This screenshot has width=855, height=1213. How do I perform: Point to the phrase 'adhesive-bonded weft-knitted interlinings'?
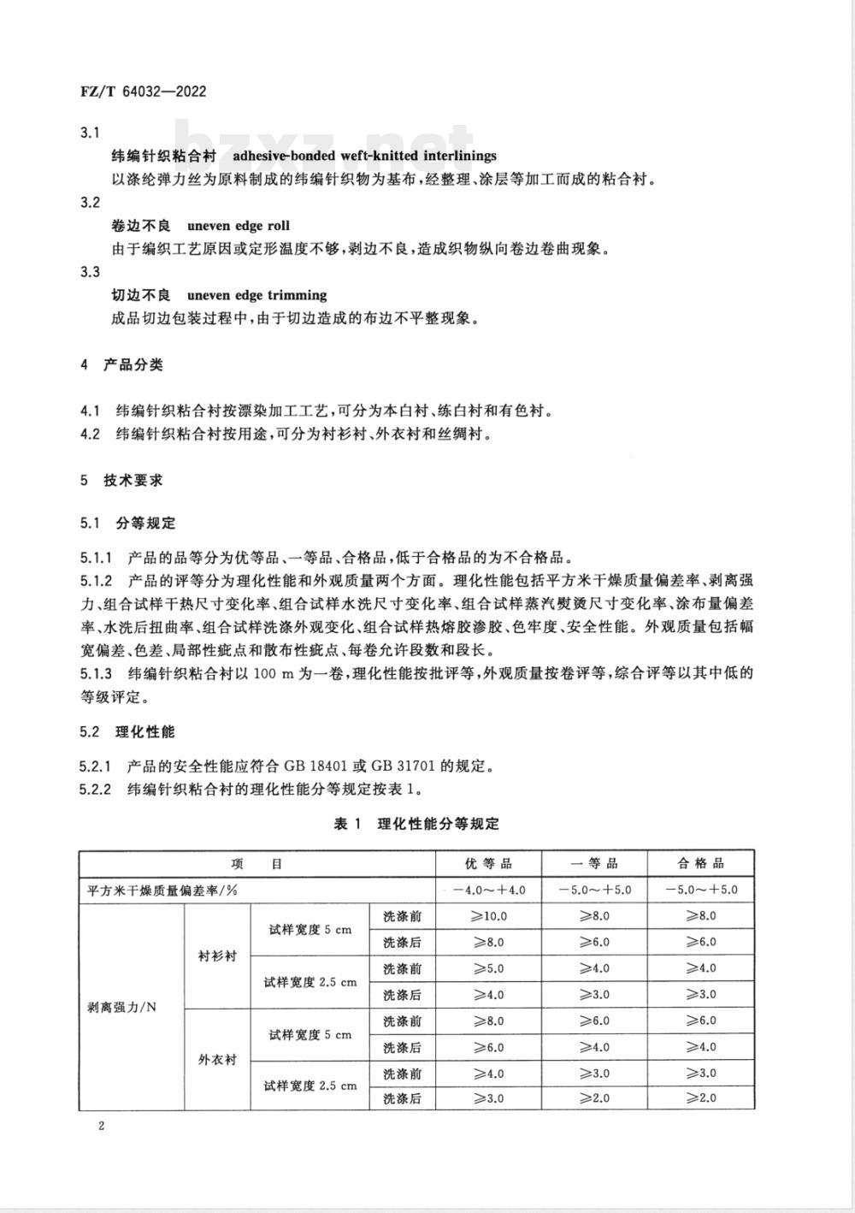[x=364, y=156]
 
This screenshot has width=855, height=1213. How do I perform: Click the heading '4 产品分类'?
[x=121, y=365]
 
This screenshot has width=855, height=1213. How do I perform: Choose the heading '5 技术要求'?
[x=121, y=481]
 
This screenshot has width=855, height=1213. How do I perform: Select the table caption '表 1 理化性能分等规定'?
[x=416, y=824]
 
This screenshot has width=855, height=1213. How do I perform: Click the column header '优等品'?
[x=489, y=864]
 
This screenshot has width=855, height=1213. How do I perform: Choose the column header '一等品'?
[x=594, y=864]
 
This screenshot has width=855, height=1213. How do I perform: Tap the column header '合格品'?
[x=701, y=864]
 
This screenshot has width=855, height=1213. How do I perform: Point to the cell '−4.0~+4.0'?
[x=489, y=890]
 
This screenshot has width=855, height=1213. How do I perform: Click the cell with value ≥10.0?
[x=489, y=916]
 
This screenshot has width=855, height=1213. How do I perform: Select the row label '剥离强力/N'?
[x=122, y=1008]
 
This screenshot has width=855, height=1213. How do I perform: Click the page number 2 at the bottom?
[x=101, y=1126]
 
